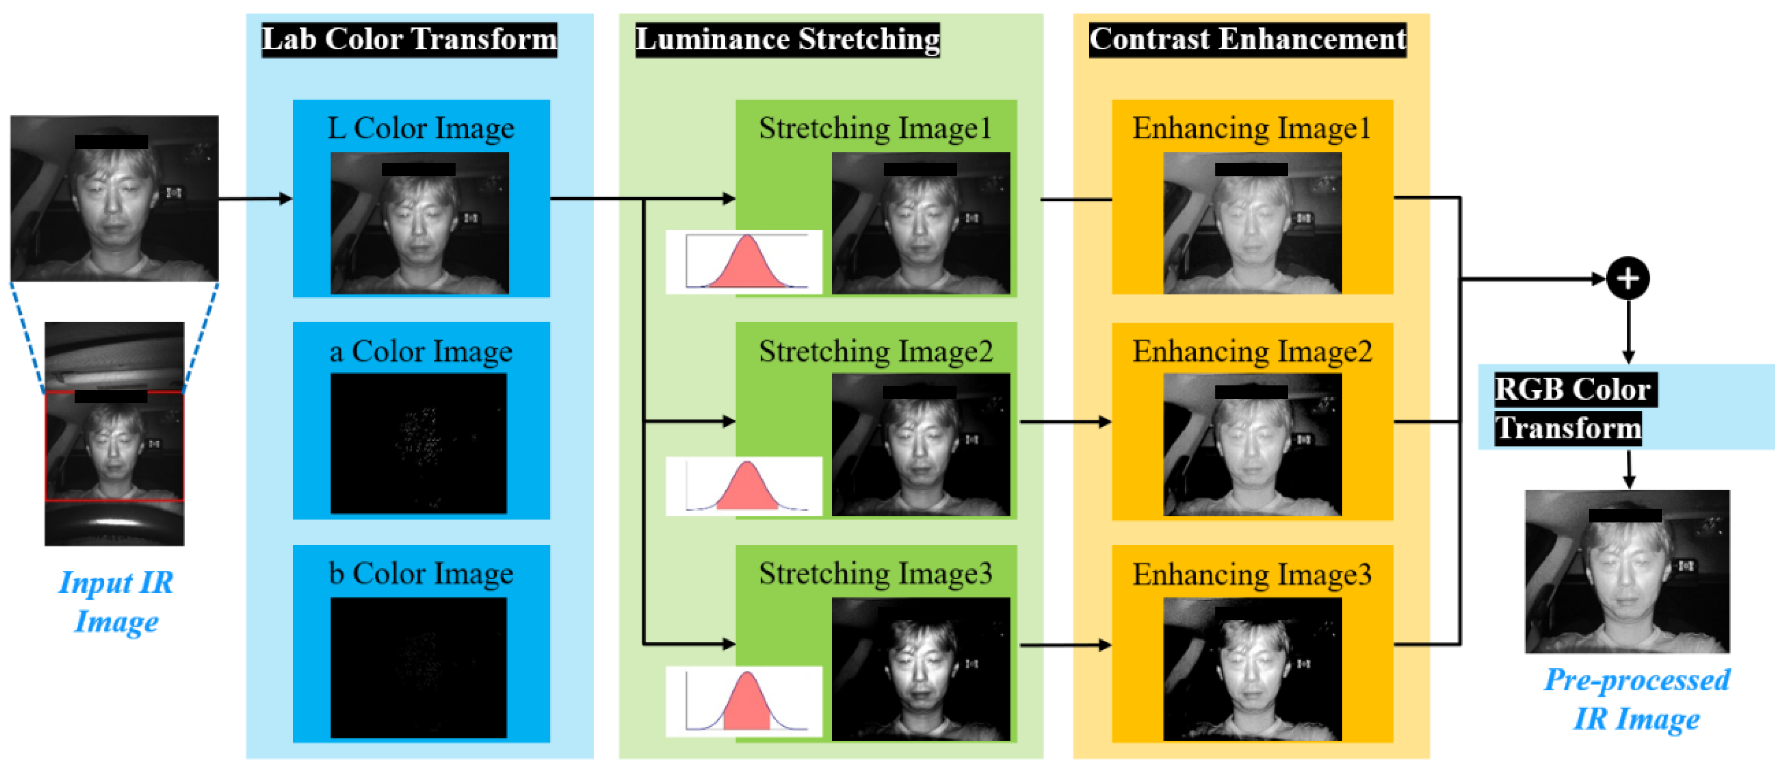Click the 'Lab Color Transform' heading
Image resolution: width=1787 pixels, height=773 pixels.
[409, 40]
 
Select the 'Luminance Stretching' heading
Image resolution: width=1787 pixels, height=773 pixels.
[787, 40]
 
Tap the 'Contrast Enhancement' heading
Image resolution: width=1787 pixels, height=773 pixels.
[1247, 40]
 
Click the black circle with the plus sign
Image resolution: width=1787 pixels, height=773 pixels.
[1627, 278]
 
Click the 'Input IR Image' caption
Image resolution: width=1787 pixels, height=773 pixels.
[116, 601]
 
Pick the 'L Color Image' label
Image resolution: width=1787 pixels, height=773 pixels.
[421, 128]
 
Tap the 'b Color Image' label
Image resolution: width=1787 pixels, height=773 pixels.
[421, 574]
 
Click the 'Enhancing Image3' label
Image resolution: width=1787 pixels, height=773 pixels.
[1252, 574]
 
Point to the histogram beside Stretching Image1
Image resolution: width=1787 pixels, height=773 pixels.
[744, 261]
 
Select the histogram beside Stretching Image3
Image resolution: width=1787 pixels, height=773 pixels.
[744, 701]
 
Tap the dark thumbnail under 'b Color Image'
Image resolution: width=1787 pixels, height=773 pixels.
[418, 667]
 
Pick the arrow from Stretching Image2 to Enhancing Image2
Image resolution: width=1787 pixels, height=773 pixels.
[1065, 421]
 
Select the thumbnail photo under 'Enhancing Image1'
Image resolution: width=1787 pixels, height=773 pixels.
[1252, 223]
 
